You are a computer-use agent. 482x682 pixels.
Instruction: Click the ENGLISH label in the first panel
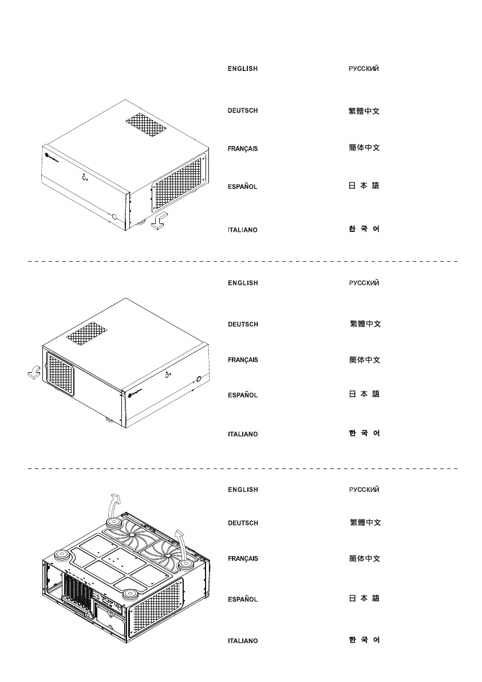coord(243,69)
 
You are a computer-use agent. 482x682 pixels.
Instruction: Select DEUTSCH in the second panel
coord(243,325)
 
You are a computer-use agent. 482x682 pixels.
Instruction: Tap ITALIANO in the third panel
coord(243,641)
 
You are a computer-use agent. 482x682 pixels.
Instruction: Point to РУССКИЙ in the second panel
coord(364,283)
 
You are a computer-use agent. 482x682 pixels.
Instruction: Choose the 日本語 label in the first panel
coord(364,186)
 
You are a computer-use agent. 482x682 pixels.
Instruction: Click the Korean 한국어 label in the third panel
coord(364,640)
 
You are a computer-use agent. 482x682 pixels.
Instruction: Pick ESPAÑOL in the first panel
coord(243,187)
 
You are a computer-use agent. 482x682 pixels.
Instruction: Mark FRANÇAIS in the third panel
coord(243,558)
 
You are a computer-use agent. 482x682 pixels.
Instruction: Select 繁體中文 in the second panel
coord(365,324)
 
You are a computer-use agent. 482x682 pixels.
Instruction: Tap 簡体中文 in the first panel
coord(364,148)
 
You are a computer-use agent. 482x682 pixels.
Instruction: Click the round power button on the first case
coord(115,218)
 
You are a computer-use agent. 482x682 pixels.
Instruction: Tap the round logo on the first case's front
coord(46,153)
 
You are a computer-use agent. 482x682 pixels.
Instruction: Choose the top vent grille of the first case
coord(145,125)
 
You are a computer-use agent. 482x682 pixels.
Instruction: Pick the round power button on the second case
coord(199,379)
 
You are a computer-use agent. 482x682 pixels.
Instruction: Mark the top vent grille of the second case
coord(87,334)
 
